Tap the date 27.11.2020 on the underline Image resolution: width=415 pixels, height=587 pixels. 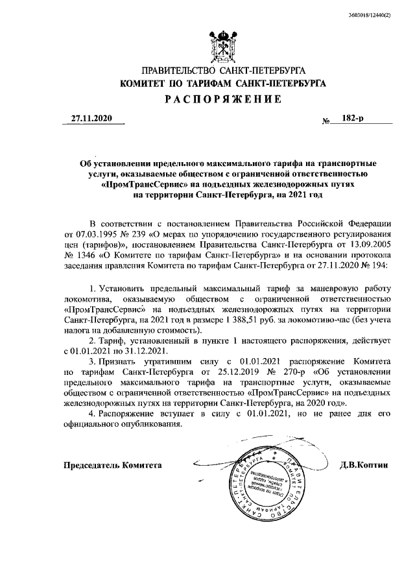[91, 119]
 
